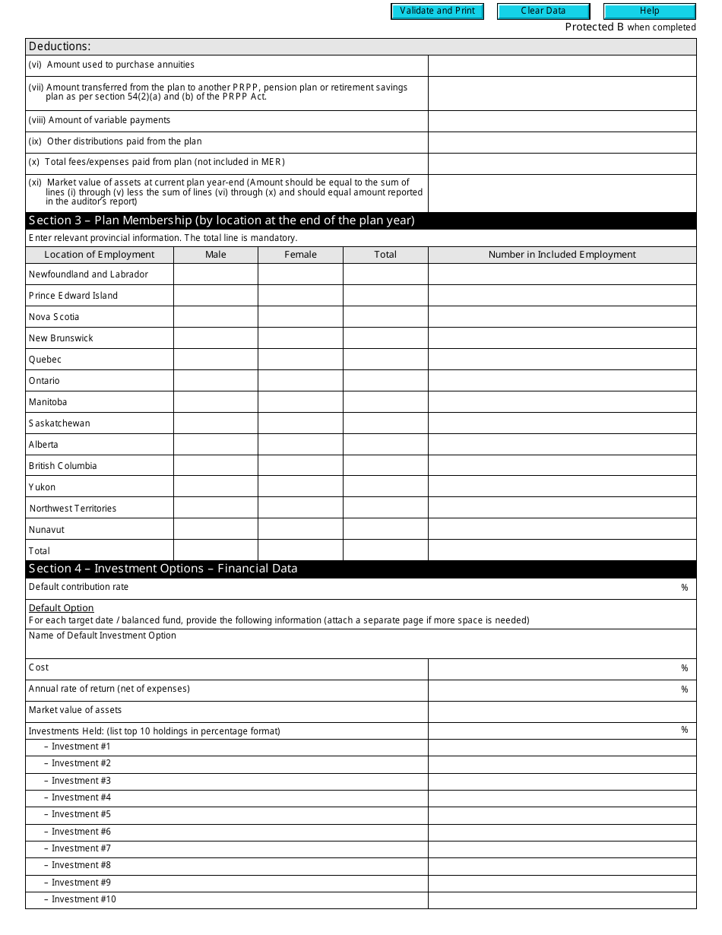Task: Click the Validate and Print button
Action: pos(437,11)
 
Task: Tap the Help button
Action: pos(649,11)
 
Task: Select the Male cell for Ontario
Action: pos(216,381)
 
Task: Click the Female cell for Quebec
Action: pos(300,360)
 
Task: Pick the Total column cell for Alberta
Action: pos(385,445)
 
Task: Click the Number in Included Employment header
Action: pos(562,255)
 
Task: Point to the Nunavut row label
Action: pos(46,530)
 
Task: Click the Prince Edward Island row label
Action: pos(73,296)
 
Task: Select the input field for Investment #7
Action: pos(562,848)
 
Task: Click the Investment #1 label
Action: pos(81,746)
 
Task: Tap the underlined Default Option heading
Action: pos(61,608)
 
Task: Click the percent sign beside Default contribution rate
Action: pos(684,588)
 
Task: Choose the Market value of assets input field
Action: pos(562,711)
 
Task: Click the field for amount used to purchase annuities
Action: pos(562,65)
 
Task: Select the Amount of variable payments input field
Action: pos(562,121)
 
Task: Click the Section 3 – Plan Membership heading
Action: pos(221,220)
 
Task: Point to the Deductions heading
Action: pos(59,46)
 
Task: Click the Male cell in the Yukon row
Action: pos(216,487)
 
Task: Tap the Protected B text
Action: pos(594,27)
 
